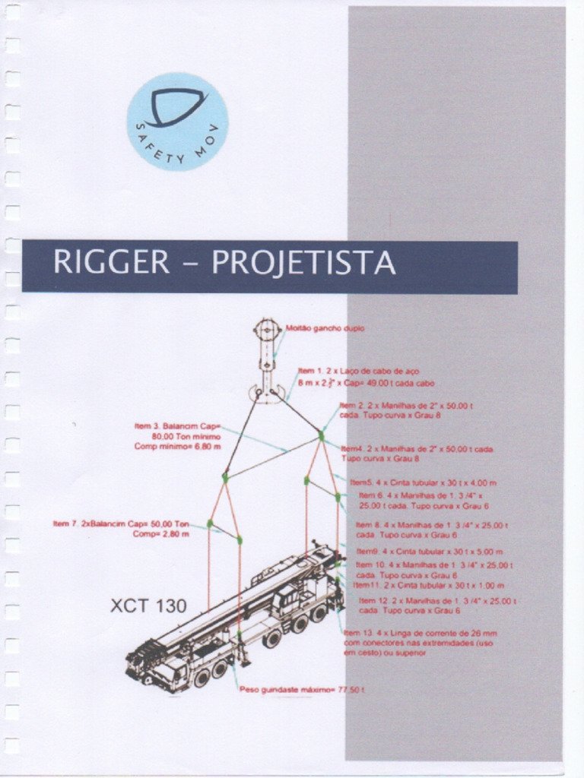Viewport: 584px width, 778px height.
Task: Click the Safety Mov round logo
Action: [177, 122]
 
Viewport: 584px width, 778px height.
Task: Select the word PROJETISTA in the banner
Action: [303, 263]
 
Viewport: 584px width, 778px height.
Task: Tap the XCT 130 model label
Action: [148, 606]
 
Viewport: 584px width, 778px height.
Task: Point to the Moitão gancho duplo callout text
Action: [325, 329]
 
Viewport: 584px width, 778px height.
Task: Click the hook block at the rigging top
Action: [268, 357]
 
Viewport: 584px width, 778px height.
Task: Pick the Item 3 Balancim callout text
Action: [178, 436]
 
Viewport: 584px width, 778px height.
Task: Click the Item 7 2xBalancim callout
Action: [122, 529]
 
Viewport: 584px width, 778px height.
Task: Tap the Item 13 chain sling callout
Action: [417, 642]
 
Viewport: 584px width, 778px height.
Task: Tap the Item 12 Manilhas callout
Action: [434, 606]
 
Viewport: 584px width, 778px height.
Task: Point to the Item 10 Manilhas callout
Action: [434, 570]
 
